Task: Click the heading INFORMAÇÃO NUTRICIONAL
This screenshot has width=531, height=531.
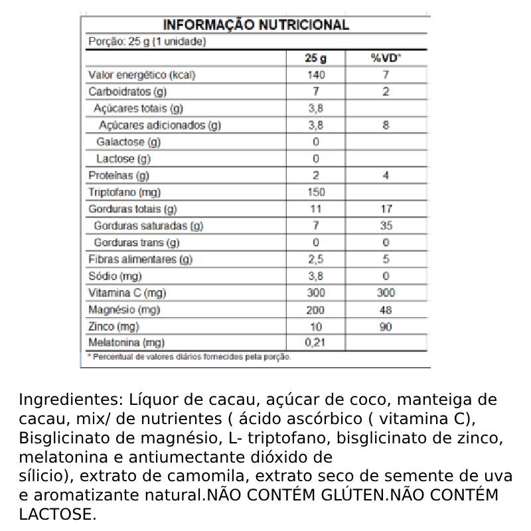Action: click(256, 25)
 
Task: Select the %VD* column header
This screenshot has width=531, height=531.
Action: click(386, 58)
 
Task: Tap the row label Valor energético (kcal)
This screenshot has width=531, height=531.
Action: click(141, 75)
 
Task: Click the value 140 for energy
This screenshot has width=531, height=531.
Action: click(316, 75)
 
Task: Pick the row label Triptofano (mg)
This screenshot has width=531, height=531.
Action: click(125, 192)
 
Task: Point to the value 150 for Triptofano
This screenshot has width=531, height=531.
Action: click(316, 192)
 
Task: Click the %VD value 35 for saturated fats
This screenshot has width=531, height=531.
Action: click(386, 226)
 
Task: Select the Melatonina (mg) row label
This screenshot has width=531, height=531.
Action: click(126, 343)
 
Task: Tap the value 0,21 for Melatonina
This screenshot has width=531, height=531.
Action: click(316, 343)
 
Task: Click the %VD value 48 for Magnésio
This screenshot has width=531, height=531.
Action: click(386, 310)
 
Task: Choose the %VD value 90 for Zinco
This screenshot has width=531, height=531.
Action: click(386, 327)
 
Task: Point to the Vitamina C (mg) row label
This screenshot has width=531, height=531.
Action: click(127, 293)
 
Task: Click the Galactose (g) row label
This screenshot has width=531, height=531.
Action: click(128, 142)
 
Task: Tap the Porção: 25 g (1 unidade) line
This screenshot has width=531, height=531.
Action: click(147, 42)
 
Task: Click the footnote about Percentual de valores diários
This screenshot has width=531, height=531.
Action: click(189, 357)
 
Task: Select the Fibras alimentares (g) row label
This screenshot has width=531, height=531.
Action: click(140, 260)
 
